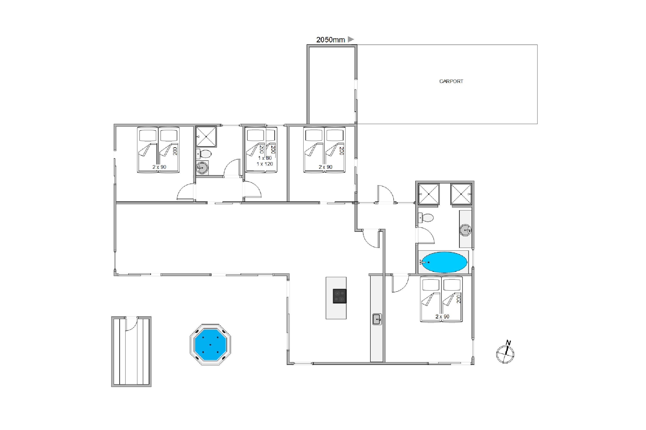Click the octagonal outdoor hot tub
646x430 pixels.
coord(210,344)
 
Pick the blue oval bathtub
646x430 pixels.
coord(444,262)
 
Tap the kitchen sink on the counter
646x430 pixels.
coord(377,319)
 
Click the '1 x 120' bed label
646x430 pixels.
coord(265,164)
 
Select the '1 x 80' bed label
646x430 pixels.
coord(265,158)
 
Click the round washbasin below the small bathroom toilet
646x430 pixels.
coord(202,167)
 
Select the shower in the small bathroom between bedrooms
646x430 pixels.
coord(206,136)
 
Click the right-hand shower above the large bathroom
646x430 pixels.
coord(461,194)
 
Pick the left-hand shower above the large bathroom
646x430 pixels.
coord(429,194)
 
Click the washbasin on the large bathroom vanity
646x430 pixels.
coord(466,230)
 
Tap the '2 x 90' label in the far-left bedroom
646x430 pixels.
coord(159,167)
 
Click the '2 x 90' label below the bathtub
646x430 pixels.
coord(442,316)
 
